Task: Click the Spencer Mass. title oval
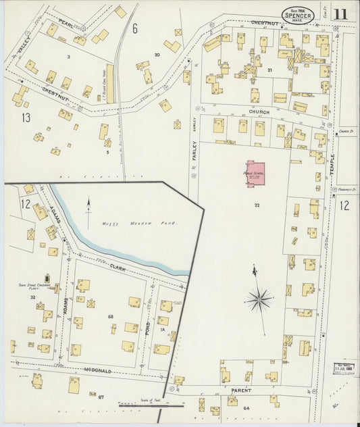pos(298,14)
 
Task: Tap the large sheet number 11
pos(340,14)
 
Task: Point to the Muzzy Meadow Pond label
pos(130,222)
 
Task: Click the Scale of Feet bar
pos(150,405)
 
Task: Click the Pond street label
pos(147,330)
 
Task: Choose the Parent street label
pos(241,391)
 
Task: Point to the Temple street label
pos(332,165)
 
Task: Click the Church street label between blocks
pos(258,112)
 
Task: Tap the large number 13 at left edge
pos(26,118)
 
